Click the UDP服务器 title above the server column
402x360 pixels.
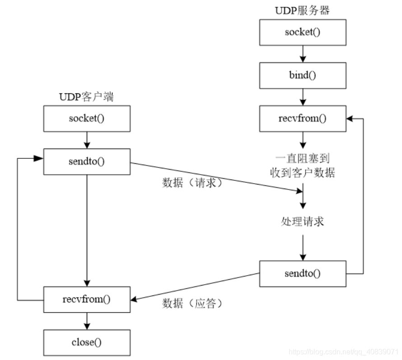coord(303,10)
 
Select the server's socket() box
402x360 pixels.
coord(303,32)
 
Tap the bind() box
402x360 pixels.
coord(303,75)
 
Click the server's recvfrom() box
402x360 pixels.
coord(303,119)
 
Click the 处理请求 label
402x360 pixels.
coord(302,222)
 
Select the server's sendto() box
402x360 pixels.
coord(303,273)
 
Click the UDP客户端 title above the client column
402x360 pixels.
coord(86,97)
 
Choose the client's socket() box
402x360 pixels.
coord(87,119)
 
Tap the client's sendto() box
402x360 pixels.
coord(87,162)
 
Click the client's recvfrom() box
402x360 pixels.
coord(87,299)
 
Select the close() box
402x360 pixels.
coord(87,342)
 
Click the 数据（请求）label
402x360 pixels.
coord(193,183)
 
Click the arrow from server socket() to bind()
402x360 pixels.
coord(303,54)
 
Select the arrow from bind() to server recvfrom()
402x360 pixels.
coord(303,97)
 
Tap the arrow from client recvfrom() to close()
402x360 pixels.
coord(87,320)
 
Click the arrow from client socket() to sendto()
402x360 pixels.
coord(87,140)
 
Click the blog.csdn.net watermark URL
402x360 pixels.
coord(343,351)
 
